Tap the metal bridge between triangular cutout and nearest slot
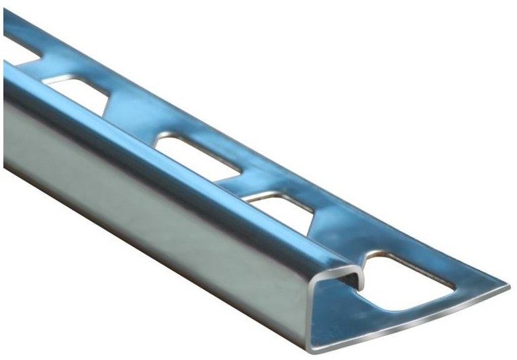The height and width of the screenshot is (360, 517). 336,235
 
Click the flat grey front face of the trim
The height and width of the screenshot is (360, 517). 154,201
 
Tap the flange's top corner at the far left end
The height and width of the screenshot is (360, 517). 5,12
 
